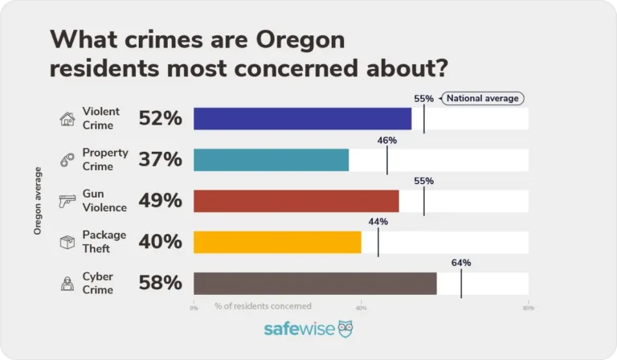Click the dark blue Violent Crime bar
[303, 119]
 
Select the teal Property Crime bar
[272, 160]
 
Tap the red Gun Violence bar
[296, 201]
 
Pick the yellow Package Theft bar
[277, 242]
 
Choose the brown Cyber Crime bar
[315, 283]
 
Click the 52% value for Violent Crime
[160, 119]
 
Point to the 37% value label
[160, 160]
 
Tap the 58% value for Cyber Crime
[160, 283]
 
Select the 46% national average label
[387, 140]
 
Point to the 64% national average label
[461, 263]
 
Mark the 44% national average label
[378, 222]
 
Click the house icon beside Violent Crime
[67, 119]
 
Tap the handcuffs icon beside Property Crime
[67, 160]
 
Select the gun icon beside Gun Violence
[67, 201]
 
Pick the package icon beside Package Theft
[67, 242]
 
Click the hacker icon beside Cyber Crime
[67, 283]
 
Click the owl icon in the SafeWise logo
[345, 329]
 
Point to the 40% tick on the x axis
[361, 307]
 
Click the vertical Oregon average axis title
[38, 201]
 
